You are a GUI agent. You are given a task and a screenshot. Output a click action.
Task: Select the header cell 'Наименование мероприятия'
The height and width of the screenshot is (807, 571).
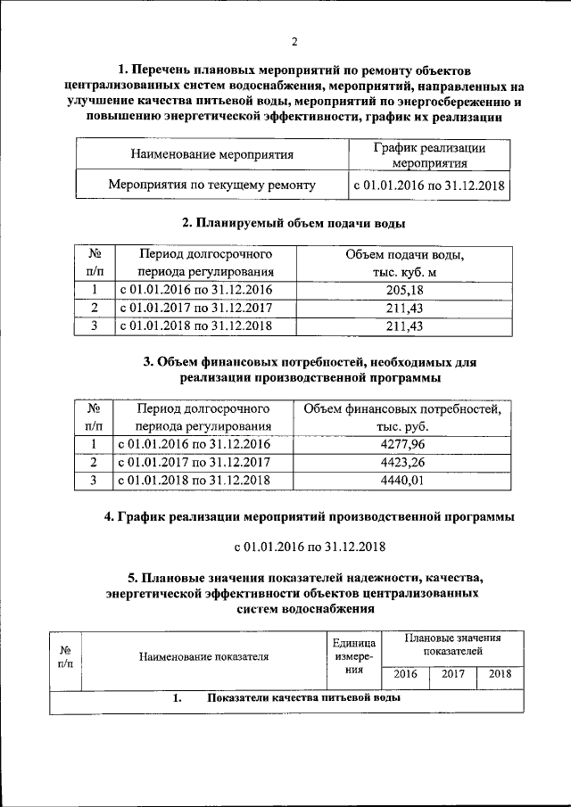coord(212,154)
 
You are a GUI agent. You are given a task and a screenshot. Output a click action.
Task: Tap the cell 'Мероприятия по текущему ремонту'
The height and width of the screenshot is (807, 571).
coord(211,186)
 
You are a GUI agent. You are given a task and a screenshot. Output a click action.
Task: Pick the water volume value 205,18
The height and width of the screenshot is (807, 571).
coord(404,291)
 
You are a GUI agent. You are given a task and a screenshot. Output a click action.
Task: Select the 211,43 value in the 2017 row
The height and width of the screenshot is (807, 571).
coord(404,309)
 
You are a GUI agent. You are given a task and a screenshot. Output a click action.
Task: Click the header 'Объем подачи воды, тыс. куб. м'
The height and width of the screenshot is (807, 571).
coord(404,263)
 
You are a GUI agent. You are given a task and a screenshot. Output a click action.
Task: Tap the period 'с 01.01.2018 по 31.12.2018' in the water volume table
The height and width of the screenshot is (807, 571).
coord(194,326)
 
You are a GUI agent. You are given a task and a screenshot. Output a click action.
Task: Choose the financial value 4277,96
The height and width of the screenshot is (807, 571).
coord(403,444)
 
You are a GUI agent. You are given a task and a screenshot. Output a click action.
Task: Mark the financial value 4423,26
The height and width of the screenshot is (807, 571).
coord(403,462)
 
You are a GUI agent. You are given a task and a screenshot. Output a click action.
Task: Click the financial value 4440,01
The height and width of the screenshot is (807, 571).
coord(403,480)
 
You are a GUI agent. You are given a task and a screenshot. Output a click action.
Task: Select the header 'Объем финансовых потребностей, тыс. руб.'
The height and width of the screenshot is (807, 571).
coord(403,417)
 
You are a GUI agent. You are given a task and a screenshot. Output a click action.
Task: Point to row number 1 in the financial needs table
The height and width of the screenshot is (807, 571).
coord(92,444)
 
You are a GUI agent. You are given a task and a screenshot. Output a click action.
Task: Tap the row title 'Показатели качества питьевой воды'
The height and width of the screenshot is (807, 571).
coord(303,699)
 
